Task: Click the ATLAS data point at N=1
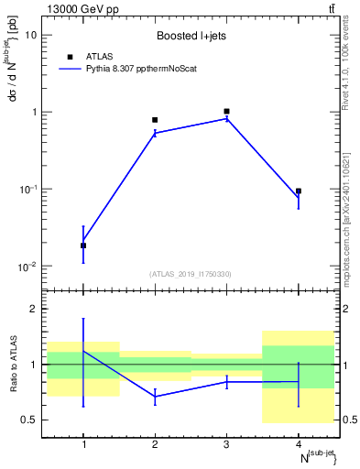coord(83,245)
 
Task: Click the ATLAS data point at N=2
coord(155,120)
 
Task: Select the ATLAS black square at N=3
coord(226,111)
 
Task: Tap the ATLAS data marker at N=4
coord(299,191)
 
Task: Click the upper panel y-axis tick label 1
coord(34,112)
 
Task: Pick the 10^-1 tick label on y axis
coord(28,189)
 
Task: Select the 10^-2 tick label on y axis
coord(28,266)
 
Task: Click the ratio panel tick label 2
coord(34,309)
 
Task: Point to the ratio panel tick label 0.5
coord(29,420)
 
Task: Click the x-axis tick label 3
coord(226,444)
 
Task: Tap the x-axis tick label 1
coord(83,444)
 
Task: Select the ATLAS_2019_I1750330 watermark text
coord(191,274)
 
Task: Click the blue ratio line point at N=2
coord(155,397)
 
